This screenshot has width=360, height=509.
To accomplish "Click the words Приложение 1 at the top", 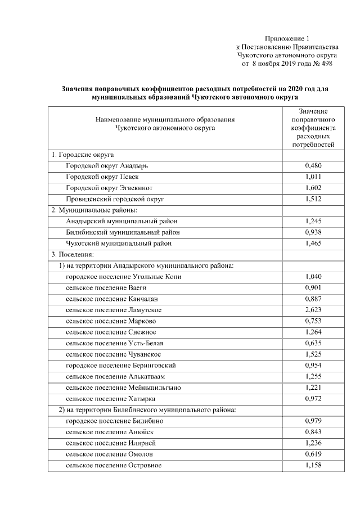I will click(287, 38).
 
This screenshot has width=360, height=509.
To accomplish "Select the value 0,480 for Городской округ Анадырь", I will click(313, 166).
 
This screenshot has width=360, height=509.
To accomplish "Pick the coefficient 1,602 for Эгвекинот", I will click(313, 188).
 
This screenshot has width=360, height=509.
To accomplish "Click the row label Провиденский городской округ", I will click(115, 199).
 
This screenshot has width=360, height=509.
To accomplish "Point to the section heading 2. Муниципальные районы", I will click(94, 210).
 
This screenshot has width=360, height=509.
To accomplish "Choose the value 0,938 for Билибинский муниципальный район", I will click(313, 232).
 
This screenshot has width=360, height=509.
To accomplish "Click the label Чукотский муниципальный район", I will click(119, 244).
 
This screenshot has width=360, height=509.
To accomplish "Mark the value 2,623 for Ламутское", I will click(313, 310).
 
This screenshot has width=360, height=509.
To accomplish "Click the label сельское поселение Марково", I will click(111, 321).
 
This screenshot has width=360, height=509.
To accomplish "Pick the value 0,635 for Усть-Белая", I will click(313, 343).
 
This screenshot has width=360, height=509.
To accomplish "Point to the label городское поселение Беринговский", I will click(124, 365).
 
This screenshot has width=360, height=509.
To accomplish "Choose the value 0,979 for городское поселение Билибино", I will click(313, 421).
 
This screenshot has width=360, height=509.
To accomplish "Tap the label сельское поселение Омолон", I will click(109, 454).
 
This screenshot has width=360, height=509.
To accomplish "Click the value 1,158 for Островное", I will click(313, 465).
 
